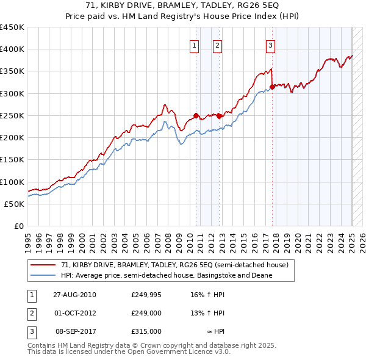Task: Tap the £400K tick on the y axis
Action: [x=12, y=49]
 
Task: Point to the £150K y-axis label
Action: [x=12, y=160]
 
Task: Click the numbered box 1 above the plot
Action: [x=194, y=44]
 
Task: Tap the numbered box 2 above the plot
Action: [x=217, y=44]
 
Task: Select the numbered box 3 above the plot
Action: [x=270, y=44]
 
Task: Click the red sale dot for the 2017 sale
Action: [x=272, y=87]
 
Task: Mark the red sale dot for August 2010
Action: [x=196, y=115]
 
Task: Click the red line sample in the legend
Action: [x=44, y=265]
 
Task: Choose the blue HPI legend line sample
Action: [x=44, y=275]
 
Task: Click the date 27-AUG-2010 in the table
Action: [x=75, y=295]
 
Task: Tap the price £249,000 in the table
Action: [x=146, y=313]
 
